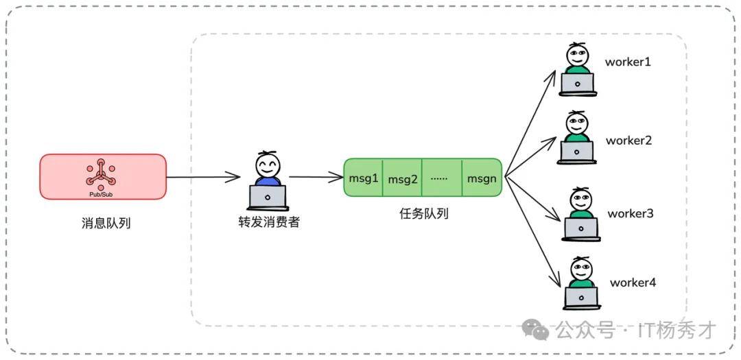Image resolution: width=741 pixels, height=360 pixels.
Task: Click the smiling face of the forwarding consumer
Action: coord(268,165)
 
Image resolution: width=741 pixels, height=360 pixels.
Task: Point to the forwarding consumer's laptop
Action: coord(268,197)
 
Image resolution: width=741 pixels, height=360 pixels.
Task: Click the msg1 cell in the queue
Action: coord(364,178)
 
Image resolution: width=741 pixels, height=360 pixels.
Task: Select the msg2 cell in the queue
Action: coord(403,179)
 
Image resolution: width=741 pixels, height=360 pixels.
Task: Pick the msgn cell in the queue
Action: coord(482,178)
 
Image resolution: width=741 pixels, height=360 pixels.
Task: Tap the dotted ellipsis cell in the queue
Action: coord(442,178)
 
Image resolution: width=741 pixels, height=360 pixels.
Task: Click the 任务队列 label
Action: coord(423,213)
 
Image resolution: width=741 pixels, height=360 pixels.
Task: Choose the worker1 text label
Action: coord(627,62)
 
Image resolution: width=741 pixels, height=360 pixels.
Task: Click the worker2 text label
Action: coord(628,141)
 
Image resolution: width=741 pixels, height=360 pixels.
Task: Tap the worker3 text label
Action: coord(630,213)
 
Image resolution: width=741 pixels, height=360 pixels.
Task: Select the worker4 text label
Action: coord(633,282)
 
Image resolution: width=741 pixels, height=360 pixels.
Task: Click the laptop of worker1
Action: coord(578,84)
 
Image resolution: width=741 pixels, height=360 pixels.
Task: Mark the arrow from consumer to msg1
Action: coord(315,178)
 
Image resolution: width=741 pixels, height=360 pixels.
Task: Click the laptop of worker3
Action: coord(580,228)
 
